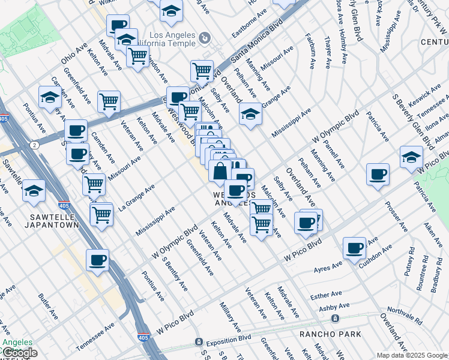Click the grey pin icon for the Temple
[205, 38]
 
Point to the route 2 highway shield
[35, 145]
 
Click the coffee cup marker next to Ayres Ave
[355, 247]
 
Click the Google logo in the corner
[20, 353]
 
